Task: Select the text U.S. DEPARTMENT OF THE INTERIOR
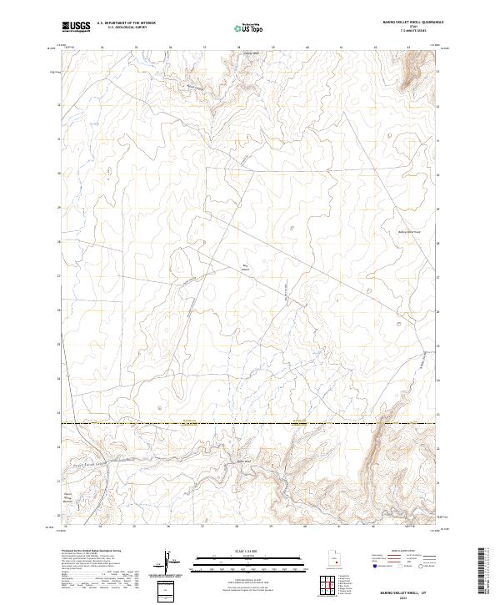pos(126,23)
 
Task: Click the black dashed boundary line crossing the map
pos(250,424)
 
